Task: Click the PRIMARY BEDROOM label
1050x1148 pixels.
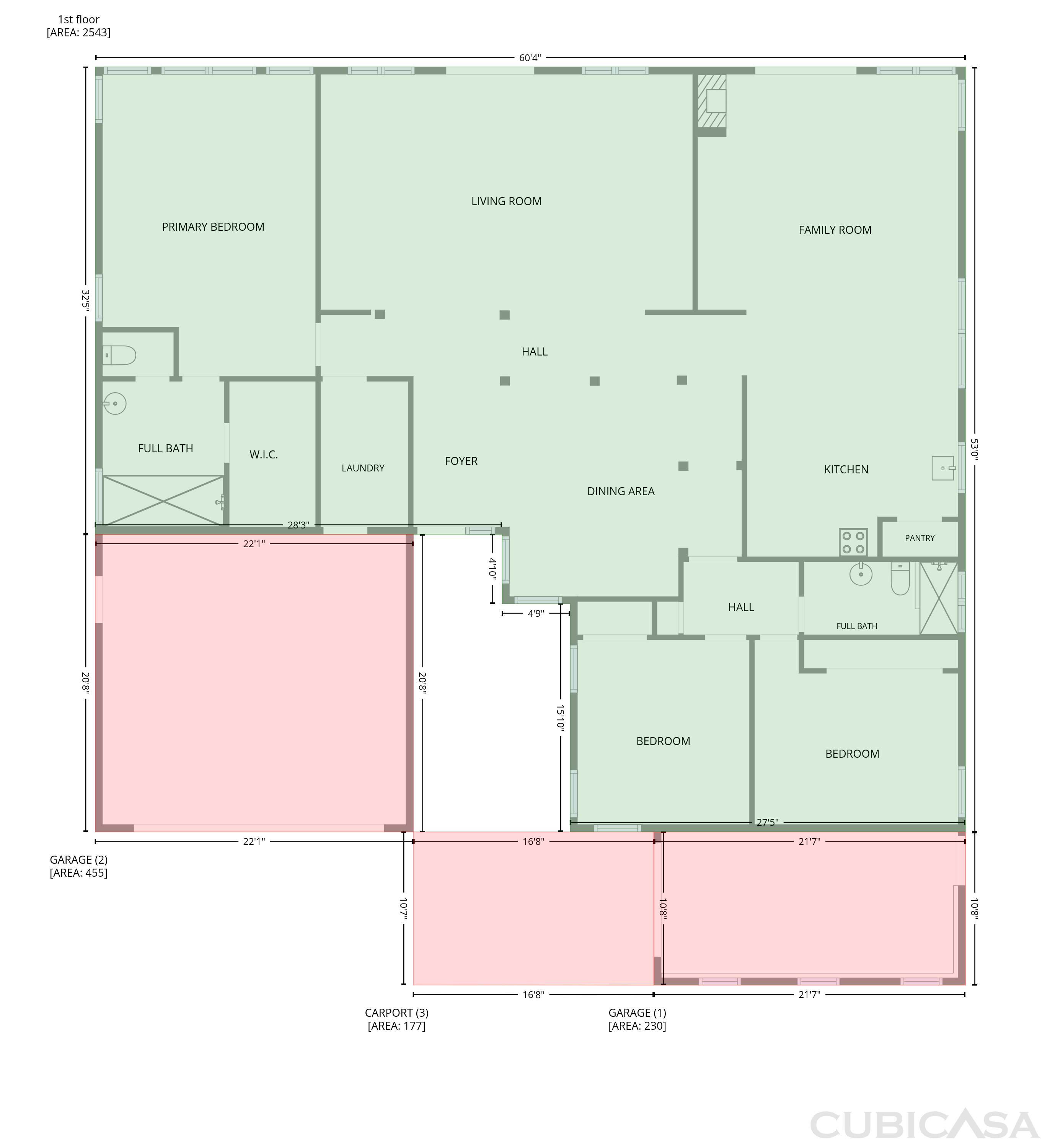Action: click(x=213, y=227)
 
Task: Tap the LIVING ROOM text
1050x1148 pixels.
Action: click(x=506, y=201)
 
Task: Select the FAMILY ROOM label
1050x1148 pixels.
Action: click(x=835, y=230)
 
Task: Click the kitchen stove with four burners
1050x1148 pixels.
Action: click(x=853, y=542)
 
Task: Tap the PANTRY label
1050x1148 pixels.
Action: click(x=920, y=538)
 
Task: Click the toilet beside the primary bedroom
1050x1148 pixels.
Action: click(x=119, y=355)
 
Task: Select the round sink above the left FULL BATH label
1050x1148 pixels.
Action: click(x=115, y=404)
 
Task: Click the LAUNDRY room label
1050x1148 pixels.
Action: click(x=363, y=468)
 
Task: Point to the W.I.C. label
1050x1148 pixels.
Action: click(x=264, y=455)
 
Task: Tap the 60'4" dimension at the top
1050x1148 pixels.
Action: click(x=530, y=57)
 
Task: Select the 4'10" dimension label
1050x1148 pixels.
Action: click(x=492, y=568)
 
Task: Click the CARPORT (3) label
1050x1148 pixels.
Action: click(x=396, y=1013)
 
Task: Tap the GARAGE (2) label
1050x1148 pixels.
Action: click(x=78, y=860)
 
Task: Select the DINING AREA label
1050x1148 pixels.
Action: click(x=621, y=491)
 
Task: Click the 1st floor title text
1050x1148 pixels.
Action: click(x=78, y=20)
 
